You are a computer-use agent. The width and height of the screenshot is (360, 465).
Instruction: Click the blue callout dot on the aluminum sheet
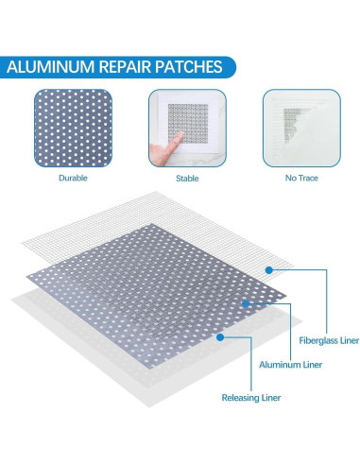245,303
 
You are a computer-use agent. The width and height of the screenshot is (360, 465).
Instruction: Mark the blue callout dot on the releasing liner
219,336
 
